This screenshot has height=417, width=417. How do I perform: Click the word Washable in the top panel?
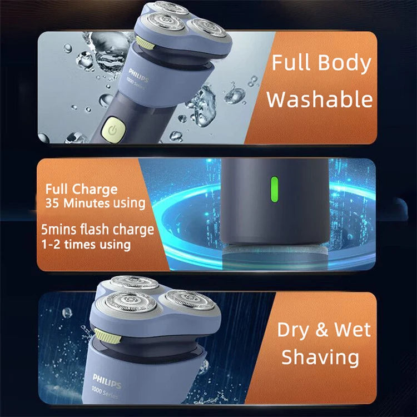[x=319, y=100]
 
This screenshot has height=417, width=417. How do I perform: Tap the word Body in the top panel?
[x=345, y=63]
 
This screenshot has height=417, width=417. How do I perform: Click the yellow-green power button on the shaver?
[x=113, y=129]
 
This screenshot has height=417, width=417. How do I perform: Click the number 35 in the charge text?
[x=53, y=203]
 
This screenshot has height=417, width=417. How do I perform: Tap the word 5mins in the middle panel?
[x=60, y=230]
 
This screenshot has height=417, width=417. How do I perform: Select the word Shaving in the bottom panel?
[x=320, y=356]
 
